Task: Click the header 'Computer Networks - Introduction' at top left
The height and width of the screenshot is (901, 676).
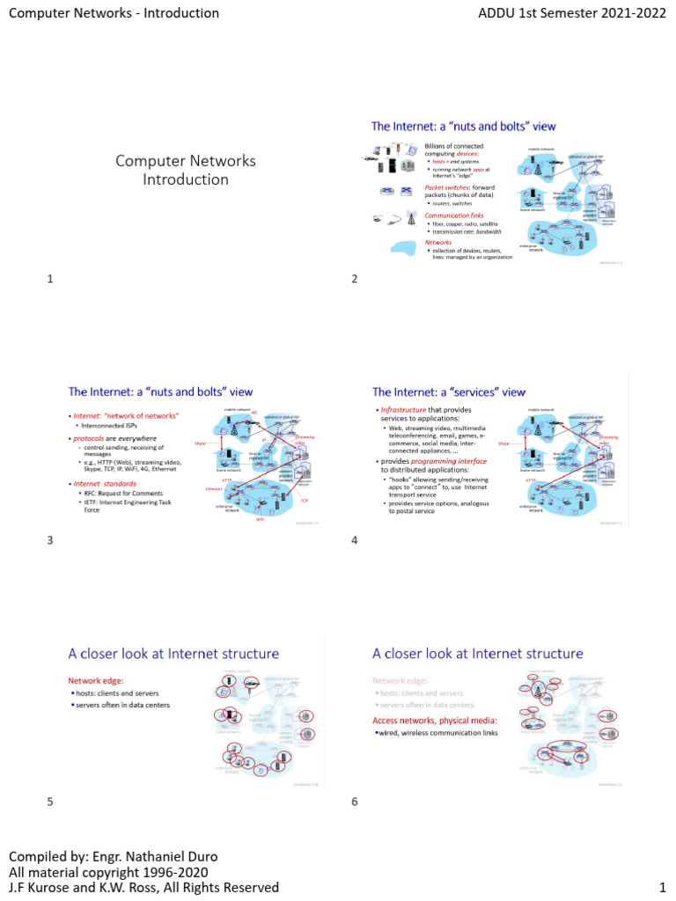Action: coord(114,13)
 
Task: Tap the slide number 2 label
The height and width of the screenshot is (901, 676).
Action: coord(354,279)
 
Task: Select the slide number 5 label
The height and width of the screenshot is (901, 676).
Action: coord(50,801)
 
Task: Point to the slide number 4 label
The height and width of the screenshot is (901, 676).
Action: coord(354,539)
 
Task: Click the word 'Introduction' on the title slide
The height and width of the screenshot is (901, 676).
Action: coord(186,179)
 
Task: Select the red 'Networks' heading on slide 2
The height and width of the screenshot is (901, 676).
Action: coord(438,243)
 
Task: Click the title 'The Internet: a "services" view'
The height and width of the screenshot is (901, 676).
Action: coord(449,392)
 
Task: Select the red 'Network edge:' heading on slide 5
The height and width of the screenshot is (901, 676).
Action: coord(97,680)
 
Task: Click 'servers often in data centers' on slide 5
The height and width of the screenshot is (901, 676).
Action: coord(123,705)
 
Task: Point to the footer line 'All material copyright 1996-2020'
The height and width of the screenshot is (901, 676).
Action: coord(108,871)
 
